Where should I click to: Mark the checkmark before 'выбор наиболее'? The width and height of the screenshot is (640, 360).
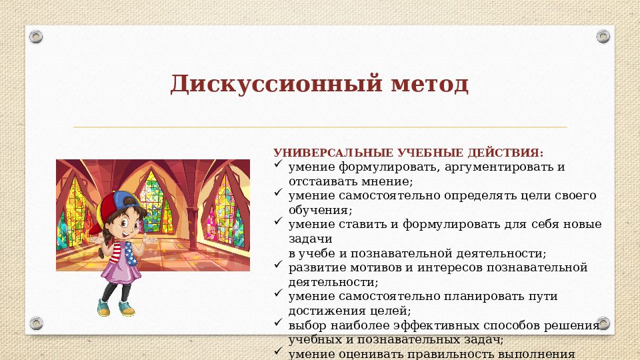tap(280, 324)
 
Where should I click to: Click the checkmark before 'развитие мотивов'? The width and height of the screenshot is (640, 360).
tap(280, 267)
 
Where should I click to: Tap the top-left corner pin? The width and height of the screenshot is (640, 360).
tap(36, 35)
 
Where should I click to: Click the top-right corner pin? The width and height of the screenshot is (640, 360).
tap(603, 35)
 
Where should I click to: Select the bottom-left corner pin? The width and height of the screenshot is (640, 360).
tap(36, 323)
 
